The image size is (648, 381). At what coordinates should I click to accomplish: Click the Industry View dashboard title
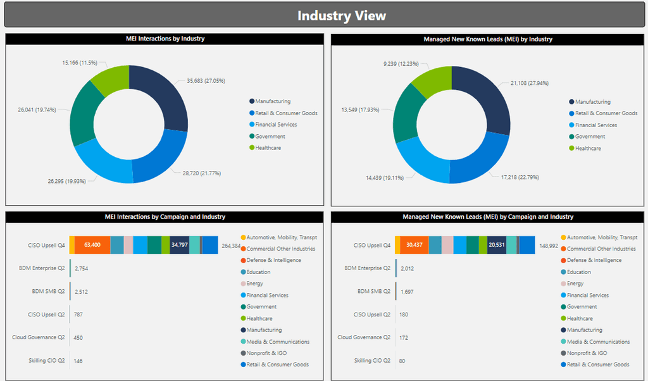tap(341, 16)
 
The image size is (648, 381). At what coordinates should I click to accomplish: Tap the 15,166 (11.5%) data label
tap(80, 63)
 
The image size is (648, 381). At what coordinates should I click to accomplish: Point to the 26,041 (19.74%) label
tap(37, 109)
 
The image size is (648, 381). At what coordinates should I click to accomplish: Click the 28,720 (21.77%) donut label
tap(202, 173)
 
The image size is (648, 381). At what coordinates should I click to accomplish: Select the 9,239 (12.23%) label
tap(401, 63)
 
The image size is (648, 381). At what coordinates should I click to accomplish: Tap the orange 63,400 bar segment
tap(92, 245)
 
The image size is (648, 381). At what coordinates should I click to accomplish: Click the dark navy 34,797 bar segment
tap(179, 245)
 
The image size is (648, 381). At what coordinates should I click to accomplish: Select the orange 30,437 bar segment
tap(414, 246)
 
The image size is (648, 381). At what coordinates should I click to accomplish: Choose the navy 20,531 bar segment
tap(497, 246)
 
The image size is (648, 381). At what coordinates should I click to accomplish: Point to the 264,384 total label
tap(230, 246)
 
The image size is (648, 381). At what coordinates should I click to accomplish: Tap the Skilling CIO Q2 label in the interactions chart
tap(46, 360)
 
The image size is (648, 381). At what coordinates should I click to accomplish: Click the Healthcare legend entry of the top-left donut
tap(268, 148)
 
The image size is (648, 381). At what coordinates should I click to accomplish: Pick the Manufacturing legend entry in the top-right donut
tap(592, 102)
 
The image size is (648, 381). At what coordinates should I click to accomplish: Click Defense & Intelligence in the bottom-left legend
tap(273, 260)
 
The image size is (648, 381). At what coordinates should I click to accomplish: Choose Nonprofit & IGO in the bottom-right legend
tap(587, 353)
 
